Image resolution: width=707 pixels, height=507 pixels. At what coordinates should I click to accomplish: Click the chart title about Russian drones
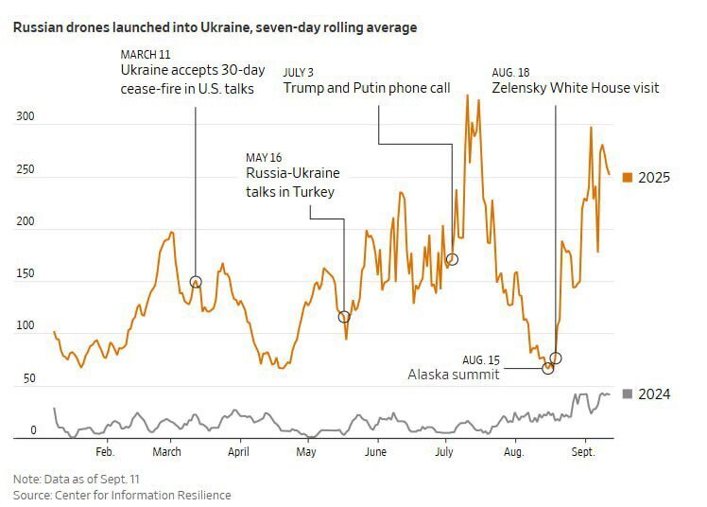click(215, 27)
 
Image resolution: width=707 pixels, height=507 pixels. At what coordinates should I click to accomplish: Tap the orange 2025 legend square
click(627, 177)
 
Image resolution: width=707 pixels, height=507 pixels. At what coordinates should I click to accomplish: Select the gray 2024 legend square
click(627, 393)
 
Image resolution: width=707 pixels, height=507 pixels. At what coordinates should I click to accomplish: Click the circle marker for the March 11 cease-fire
click(196, 282)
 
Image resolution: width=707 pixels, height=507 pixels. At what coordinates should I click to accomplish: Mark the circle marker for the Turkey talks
click(344, 316)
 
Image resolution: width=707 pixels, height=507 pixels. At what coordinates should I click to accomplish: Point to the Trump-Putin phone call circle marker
click(452, 259)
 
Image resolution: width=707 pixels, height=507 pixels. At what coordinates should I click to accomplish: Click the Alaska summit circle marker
click(548, 368)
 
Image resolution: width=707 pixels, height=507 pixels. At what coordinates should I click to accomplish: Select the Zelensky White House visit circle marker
click(556, 358)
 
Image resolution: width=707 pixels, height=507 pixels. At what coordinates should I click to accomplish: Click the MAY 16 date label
click(265, 157)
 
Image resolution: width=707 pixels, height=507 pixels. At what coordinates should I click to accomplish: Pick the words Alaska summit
click(453, 375)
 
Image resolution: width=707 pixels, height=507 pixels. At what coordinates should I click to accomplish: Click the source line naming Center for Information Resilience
click(122, 495)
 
